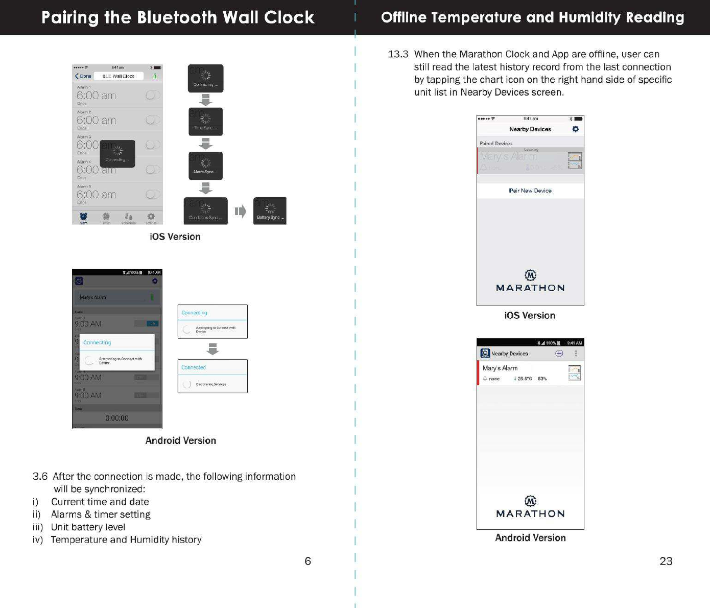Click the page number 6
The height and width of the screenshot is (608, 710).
point(307,561)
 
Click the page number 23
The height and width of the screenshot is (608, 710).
point(666,561)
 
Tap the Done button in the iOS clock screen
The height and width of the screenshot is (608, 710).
point(83,76)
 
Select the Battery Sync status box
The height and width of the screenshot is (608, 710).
point(270,211)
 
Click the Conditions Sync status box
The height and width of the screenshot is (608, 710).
point(205,211)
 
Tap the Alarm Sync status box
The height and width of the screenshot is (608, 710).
point(205,166)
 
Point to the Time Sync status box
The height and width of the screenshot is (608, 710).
point(205,122)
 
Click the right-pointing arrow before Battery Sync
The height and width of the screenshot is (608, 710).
point(240,211)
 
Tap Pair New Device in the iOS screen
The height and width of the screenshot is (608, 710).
point(530,191)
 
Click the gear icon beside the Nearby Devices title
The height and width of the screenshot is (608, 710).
point(576,129)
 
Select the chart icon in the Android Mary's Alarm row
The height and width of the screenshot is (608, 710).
point(575,373)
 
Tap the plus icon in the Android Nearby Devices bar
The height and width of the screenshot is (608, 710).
point(559,354)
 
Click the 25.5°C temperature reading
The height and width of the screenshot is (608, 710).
point(524,379)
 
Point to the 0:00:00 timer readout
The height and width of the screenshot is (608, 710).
point(117,418)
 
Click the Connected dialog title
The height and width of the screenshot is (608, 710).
point(194,367)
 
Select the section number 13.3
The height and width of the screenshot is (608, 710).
point(398,54)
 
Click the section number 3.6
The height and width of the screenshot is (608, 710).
point(40,476)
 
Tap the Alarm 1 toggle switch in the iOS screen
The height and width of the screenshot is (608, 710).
point(152,95)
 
